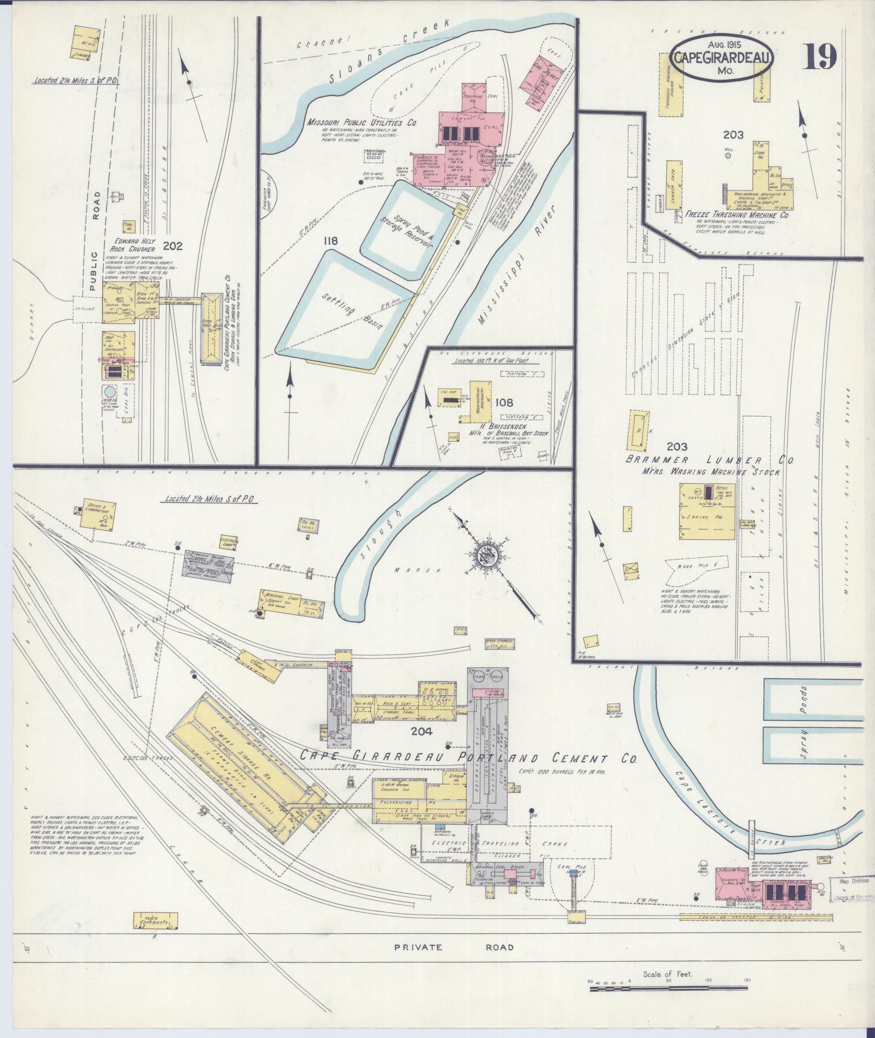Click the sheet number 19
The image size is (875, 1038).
pos(820,56)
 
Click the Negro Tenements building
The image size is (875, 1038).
pos(154,920)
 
